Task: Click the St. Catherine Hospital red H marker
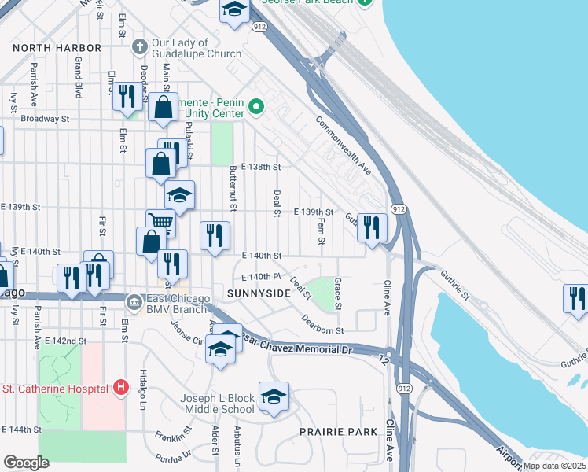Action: click(121, 387)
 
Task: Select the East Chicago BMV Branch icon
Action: click(134, 301)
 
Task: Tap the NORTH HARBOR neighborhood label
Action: click(57, 48)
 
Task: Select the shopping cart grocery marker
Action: click(160, 223)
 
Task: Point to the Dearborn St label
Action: click(323, 325)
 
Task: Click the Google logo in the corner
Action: click(26, 463)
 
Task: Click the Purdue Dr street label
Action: click(173, 456)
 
